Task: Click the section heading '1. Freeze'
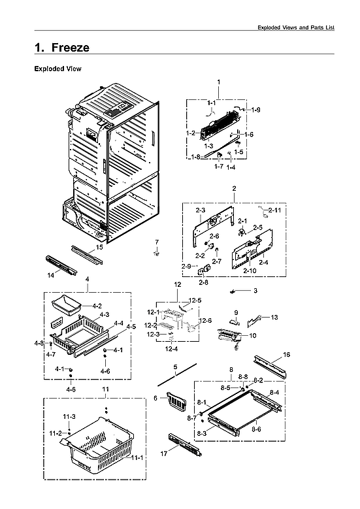click(62, 48)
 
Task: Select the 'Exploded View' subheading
click(57, 68)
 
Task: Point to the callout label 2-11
click(274, 210)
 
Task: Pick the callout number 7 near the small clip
click(157, 242)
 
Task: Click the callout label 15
click(99, 248)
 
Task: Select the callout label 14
click(50, 275)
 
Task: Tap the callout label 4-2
click(97, 306)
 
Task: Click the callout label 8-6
click(256, 429)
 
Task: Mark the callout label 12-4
click(172, 349)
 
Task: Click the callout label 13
click(274, 317)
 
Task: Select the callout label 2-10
click(249, 271)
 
